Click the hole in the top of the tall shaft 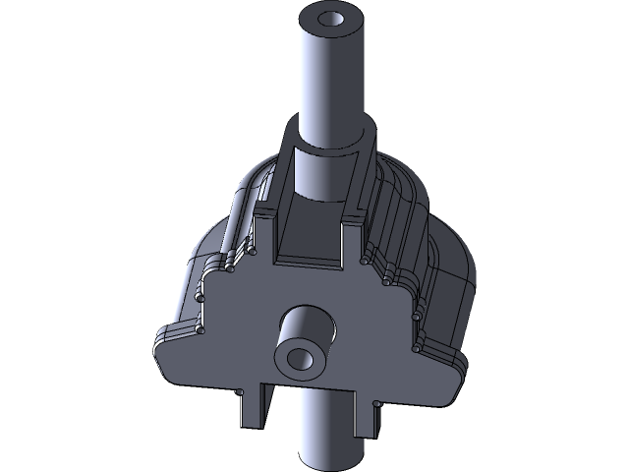point(332,19)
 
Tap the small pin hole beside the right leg point(376,401)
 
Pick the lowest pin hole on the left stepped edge point(200,330)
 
